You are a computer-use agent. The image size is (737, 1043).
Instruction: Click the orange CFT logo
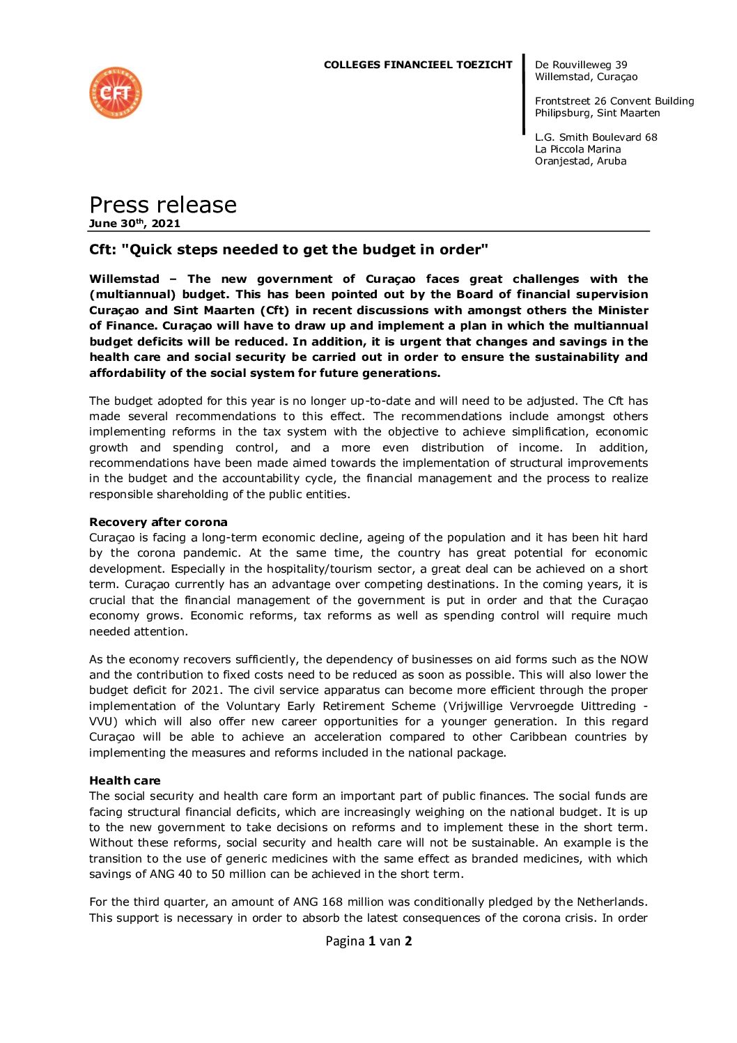116,93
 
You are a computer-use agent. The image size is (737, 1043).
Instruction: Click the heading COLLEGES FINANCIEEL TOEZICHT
417,65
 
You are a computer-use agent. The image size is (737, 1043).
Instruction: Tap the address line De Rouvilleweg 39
581,65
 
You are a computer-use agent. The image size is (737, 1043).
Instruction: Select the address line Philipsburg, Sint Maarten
597,113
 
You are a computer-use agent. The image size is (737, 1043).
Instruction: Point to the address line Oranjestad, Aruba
580,161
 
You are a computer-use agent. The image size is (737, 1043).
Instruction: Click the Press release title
163,205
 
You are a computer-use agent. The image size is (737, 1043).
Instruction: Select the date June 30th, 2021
134,224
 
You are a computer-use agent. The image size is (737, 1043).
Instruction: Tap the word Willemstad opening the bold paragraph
124,279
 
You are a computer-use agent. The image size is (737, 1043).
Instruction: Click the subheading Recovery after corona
158,522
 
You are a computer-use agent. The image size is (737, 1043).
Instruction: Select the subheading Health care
125,780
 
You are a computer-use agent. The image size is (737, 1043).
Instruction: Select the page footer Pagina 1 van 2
368,941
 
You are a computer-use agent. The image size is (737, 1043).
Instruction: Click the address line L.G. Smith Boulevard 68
596,137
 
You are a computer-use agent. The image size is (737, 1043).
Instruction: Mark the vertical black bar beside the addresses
524,94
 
